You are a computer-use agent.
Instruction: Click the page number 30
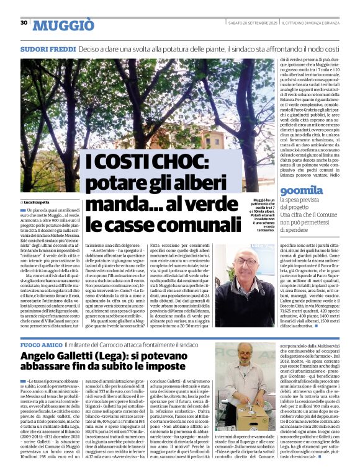pos(24,22)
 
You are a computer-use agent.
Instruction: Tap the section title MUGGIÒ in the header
pos(63,25)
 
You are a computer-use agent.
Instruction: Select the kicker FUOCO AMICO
pos(42,344)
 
